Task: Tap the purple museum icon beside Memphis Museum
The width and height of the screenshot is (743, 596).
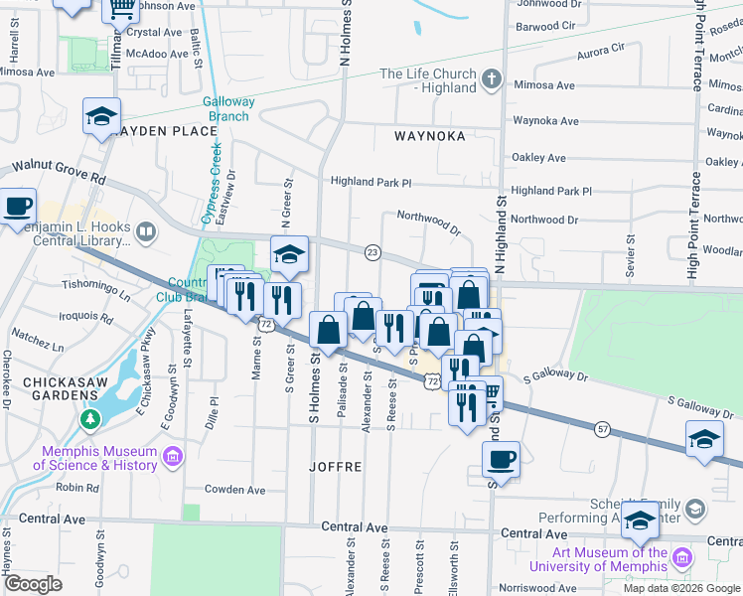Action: (173, 457)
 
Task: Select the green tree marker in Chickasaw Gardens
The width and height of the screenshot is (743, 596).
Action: (91, 421)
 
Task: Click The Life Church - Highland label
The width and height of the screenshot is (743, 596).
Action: (428, 80)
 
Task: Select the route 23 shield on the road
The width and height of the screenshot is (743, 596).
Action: (372, 252)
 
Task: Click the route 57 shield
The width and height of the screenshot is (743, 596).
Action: (603, 428)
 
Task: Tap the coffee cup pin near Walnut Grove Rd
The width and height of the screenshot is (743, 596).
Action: (17, 207)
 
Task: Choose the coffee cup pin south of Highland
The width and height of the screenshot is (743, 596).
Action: (502, 460)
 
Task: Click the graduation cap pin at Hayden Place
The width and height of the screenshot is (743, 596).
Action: (101, 117)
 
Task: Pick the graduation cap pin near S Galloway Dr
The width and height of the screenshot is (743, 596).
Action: (704, 439)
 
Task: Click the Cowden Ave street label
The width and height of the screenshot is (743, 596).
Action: (235, 490)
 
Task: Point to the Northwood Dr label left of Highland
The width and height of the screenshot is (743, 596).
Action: (428, 222)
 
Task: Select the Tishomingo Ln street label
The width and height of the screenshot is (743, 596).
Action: (97, 289)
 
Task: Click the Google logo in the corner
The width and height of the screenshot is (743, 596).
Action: (33, 584)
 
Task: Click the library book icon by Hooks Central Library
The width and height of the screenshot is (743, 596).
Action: (146, 232)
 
